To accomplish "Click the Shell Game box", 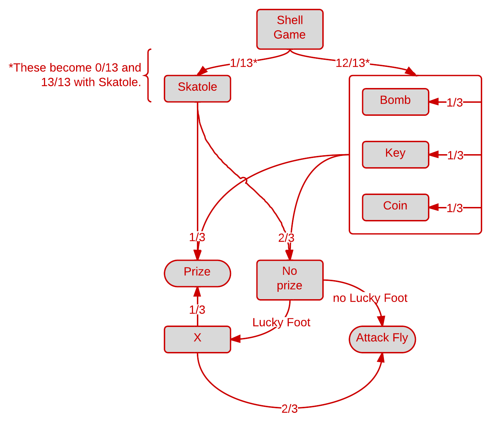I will tap(290, 29).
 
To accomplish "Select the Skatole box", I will tap(197, 88).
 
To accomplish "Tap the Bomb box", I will tap(395, 102).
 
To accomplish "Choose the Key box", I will tap(395, 155).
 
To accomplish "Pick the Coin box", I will tap(395, 207).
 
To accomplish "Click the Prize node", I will tap(197, 273).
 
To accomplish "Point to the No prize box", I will tap(290, 280).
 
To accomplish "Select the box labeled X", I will tap(197, 339).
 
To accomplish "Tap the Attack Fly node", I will tap(382, 339).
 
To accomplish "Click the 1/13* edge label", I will tap(243, 63).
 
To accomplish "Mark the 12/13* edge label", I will tap(353, 63).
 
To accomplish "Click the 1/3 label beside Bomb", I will tap(455, 103).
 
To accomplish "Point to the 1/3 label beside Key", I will tap(455, 155).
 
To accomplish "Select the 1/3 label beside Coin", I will tap(455, 208).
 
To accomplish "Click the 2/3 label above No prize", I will tap(286, 238).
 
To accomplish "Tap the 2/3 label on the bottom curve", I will tap(290, 409).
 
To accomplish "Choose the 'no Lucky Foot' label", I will tap(370, 298).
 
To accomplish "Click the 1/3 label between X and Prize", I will tap(197, 310).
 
